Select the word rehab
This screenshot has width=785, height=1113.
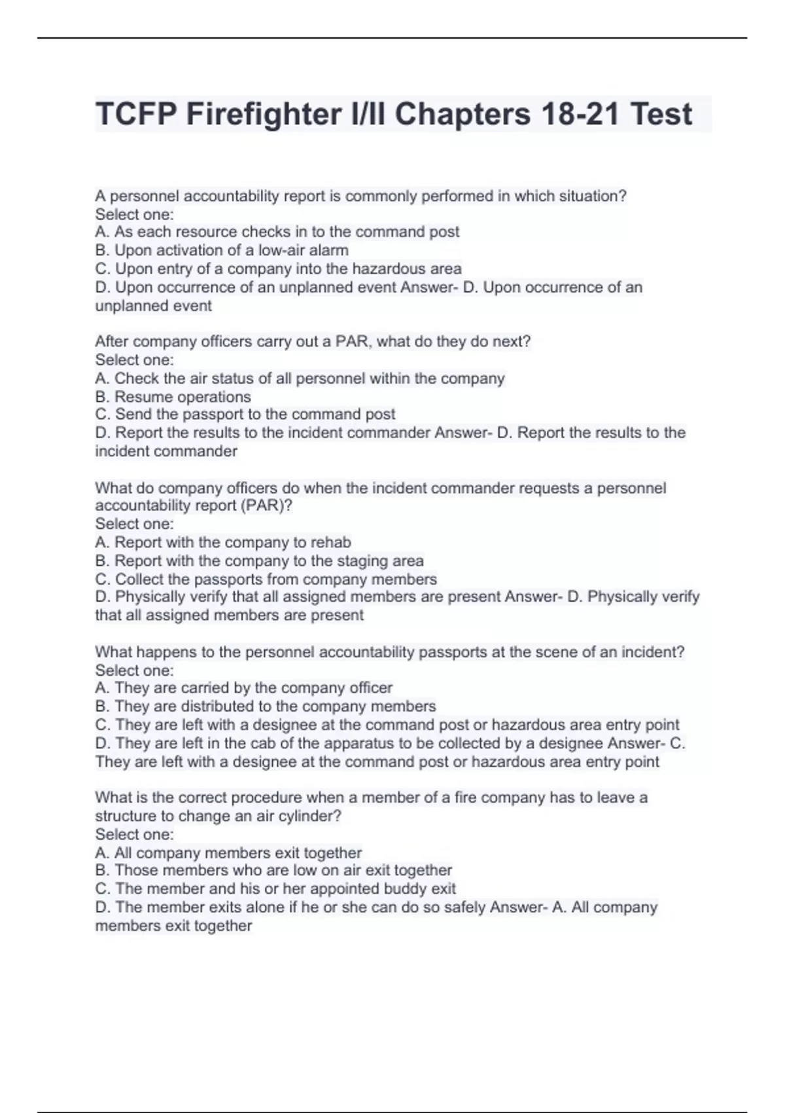330,542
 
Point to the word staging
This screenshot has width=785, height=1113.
361,560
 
